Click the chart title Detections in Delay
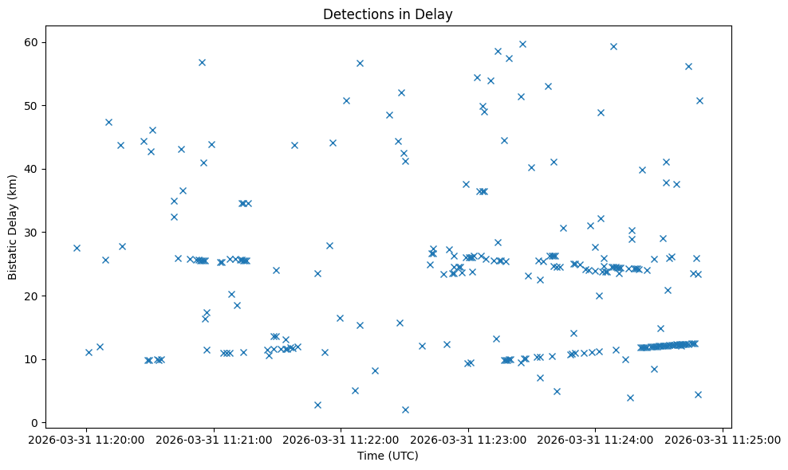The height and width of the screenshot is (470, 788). coord(388,14)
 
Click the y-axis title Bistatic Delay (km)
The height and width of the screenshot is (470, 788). coord(13,226)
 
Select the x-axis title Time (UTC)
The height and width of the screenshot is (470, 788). coord(388,456)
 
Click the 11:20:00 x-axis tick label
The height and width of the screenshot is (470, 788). coord(88,439)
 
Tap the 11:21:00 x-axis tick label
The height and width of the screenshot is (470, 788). coord(215,439)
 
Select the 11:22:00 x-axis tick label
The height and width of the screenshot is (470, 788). coord(341,439)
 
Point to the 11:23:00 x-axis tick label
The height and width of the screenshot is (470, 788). coord(468,439)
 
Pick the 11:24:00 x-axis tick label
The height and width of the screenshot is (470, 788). coord(595,439)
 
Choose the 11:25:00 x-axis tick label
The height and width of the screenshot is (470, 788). coord(722,439)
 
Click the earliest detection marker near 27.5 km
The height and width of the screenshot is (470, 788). coord(77,248)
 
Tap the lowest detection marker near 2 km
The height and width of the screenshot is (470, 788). coord(405,409)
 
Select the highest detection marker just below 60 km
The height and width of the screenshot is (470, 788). coord(522,44)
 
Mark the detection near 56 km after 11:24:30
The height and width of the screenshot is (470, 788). coord(688,66)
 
